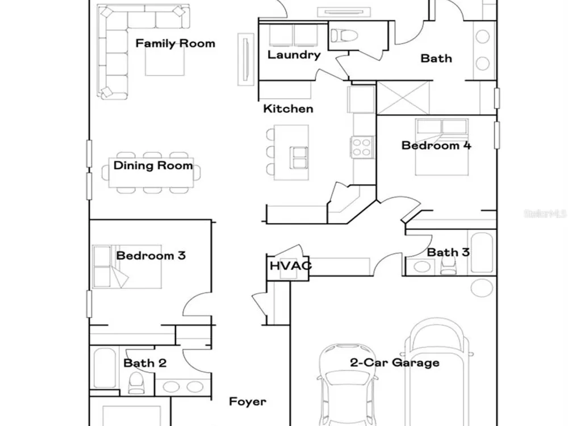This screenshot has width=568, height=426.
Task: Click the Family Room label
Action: pos(176,44)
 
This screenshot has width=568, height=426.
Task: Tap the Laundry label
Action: pos(294,55)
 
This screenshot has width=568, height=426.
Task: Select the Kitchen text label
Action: pos(288,108)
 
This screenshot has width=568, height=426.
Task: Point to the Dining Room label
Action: pos(153,165)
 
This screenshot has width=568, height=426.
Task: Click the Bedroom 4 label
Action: pos(436,145)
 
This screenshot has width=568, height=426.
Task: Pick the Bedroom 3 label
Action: pos(151,256)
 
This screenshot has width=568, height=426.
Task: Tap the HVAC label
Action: pos(290,265)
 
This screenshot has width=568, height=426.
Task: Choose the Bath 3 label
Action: pos(448,252)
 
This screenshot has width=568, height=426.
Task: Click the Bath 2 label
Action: pos(145,363)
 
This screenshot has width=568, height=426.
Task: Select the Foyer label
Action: pos(248,402)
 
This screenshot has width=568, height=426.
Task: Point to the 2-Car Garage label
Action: pos(395,362)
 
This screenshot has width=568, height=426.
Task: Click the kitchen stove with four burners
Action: pos(361,147)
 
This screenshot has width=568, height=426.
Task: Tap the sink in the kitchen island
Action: pos(299,158)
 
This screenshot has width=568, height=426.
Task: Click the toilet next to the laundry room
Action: pos(344,35)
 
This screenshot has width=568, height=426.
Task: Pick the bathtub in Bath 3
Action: pos(482,253)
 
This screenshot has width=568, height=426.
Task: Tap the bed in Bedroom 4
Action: pos(442,147)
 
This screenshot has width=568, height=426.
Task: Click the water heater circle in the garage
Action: pos(482,288)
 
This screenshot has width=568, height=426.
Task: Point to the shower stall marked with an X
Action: pos(403,98)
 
